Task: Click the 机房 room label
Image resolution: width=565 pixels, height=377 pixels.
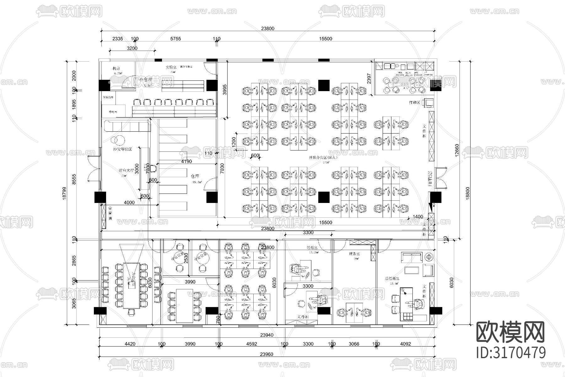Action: [116, 68]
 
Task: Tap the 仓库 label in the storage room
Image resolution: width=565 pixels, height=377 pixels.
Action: [195, 176]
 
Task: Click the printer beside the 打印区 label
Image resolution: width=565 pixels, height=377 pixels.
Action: [428, 102]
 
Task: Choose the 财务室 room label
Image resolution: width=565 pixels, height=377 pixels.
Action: [354, 254]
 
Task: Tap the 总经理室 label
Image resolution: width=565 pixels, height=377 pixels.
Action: [392, 278]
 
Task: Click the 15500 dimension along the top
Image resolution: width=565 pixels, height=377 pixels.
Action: [326, 39]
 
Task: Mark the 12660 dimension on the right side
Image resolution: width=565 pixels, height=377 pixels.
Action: [457, 150]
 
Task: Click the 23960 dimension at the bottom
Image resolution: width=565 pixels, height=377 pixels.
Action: [266, 354]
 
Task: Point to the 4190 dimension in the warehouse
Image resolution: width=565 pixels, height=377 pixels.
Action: [186, 161]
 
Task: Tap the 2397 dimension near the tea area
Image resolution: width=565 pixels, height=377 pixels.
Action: [369, 79]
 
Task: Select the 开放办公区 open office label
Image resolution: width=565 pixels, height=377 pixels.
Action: [323, 157]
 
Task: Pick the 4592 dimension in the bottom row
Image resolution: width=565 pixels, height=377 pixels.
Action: [252, 344]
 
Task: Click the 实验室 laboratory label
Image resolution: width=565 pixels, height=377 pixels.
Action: [171, 67]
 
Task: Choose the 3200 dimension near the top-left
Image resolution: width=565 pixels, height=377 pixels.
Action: [132, 48]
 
